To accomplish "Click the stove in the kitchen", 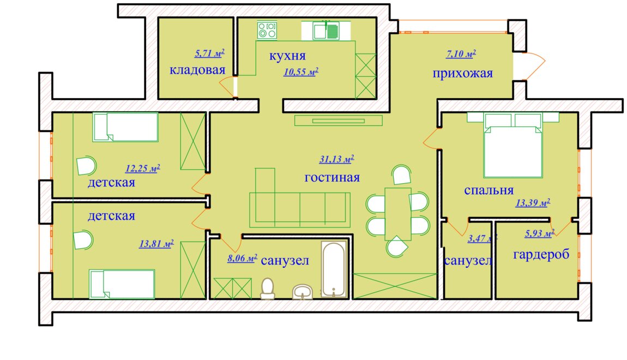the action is tap(267, 31).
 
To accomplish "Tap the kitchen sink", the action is tap(326, 31).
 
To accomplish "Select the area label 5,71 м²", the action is tap(209, 53).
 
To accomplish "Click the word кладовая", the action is tap(197, 70).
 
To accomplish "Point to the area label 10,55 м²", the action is tap(301, 72).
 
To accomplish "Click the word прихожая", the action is tap(463, 74).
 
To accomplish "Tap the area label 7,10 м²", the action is tap(461, 53).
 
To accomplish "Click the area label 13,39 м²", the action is tap(533, 203).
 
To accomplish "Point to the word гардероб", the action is tap(541, 255).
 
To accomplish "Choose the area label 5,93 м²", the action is tap(539, 233).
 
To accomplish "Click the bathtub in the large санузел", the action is tap(334, 269).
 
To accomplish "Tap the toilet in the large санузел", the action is tap(268, 289).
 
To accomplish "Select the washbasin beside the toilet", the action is tap(303, 292).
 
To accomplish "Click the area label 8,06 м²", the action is tap(242, 259).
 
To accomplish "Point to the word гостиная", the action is tap(332, 177).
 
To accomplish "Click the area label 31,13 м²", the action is tap(336, 159).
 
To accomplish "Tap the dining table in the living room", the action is tap(398, 214).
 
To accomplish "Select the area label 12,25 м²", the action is tap(143, 169).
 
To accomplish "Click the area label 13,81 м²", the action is tap(156, 243).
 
